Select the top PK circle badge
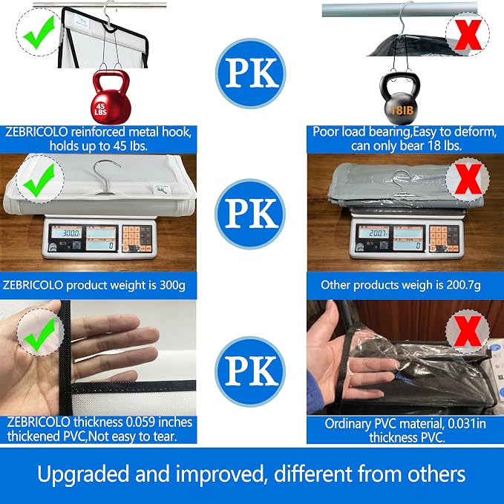[250, 73]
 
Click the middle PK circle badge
[250, 214]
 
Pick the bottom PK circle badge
[250, 371]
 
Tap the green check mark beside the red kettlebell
[39, 33]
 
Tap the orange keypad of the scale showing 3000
[137, 238]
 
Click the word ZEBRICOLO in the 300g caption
[33, 285]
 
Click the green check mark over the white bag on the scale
[39, 180]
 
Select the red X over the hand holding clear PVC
[468, 331]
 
